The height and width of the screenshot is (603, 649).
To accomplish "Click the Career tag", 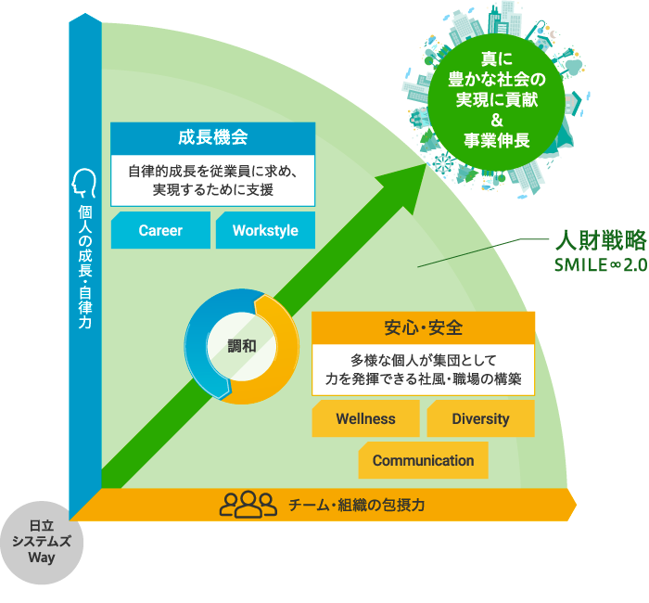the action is pyautogui.click(x=160, y=230).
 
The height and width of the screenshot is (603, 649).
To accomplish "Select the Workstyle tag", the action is pyautogui.click(x=265, y=230).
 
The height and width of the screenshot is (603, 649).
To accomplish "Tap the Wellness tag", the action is pyautogui.click(x=366, y=418).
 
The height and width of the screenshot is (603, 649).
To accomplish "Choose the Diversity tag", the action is pyautogui.click(x=480, y=418).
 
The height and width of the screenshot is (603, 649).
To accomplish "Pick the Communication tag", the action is pyautogui.click(x=423, y=460).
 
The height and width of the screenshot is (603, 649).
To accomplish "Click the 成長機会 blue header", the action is pyautogui.click(x=212, y=138).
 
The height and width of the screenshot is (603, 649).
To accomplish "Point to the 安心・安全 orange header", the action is pyautogui.click(x=423, y=327).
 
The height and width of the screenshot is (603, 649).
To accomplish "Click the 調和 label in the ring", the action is pyautogui.click(x=242, y=346).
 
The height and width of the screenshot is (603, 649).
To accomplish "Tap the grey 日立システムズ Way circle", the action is pyautogui.click(x=42, y=543).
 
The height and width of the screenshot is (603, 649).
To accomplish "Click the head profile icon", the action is pyautogui.click(x=83, y=183).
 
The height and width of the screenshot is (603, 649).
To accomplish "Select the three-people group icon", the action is pyautogui.click(x=248, y=505).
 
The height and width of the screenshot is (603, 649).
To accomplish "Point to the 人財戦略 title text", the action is pyautogui.click(x=601, y=240).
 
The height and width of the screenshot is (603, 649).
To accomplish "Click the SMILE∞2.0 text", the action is pyautogui.click(x=601, y=265).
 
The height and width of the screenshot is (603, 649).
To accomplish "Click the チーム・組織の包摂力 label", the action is pyautogui.click(x=356, y=505).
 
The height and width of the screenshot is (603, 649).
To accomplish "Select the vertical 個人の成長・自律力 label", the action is pyautogui.click(x=85, y=267).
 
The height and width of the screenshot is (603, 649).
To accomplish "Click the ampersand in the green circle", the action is pyautogui.click(x=497, y=120).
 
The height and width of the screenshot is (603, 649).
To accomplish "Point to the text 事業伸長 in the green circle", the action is pyautogui.click(x=497, y=140).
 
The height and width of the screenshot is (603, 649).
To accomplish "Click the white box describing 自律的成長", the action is pyautogui.click(x=212, y=181).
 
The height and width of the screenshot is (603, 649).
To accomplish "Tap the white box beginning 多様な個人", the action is pyautogui.click(x=423, y=370).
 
